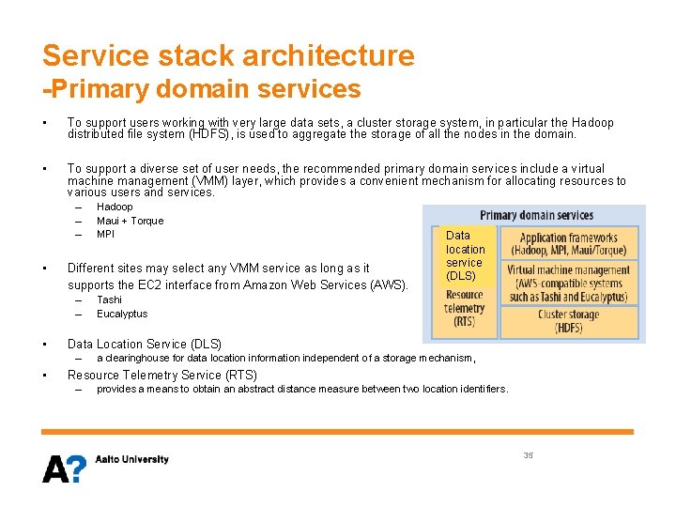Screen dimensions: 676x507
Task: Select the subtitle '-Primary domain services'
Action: coord(202,89)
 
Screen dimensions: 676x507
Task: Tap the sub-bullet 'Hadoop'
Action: coord(115,207)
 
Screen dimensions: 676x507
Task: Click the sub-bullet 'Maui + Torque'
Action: coord(130,221)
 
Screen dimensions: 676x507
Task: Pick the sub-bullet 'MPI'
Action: coord(105,234)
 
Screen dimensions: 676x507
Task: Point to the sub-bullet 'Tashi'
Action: coord(109,300)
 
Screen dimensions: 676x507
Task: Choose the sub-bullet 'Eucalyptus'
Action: coord(122,314)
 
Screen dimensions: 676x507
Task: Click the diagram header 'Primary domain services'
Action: coord(536,215)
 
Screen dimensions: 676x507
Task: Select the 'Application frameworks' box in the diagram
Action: coord(569,244)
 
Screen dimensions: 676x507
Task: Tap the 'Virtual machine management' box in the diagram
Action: coord(569,284)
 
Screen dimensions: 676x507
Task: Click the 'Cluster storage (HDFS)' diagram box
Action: coord(569,321)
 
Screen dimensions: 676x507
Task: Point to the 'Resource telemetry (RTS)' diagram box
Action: coord(465,308)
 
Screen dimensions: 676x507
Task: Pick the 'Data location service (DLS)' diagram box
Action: coord(465,255)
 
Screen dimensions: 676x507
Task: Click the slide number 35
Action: coord(528,454)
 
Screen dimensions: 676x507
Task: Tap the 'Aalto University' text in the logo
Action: coord(131,459)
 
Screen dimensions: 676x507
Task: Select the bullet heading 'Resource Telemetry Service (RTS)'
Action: coord(161,375)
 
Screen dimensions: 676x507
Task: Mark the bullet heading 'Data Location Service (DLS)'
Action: coord(145,344)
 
